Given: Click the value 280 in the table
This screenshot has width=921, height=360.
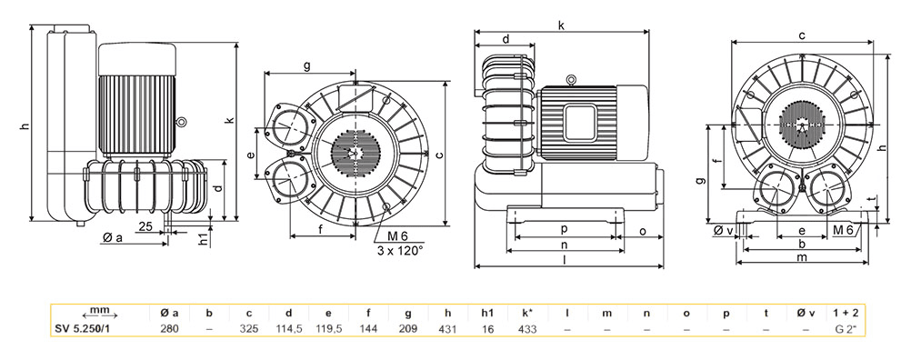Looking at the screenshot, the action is tap(170, 329).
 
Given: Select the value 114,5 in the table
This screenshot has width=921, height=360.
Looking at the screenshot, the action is tap(289, 329).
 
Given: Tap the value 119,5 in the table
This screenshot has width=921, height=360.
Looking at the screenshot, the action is tap(329, 329).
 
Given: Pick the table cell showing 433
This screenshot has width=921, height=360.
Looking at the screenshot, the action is tap(527, 329).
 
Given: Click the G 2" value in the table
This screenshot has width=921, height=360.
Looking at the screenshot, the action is tap(846, 329).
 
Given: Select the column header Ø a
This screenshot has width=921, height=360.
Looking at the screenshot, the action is tap(169, 313).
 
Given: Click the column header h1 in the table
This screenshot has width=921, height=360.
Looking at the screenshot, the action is tap(488, 313).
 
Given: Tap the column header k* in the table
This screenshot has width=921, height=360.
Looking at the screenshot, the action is tap(527, 313).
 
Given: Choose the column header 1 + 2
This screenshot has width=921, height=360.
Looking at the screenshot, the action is tap(846, 313).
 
